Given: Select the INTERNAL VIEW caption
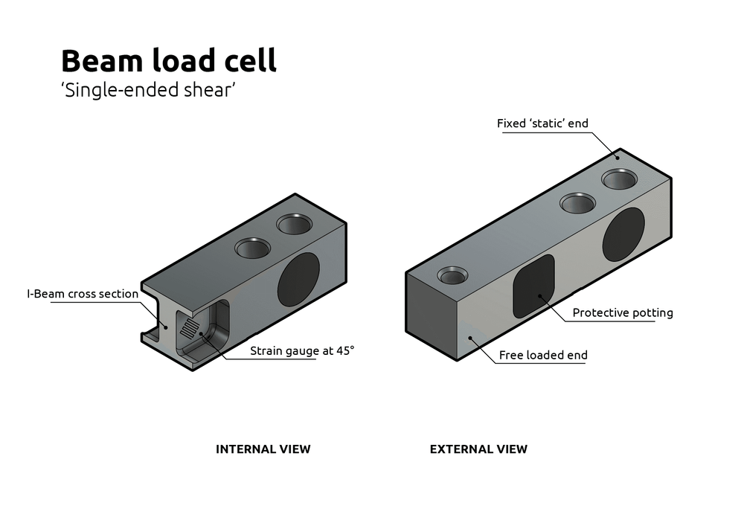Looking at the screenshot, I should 263,449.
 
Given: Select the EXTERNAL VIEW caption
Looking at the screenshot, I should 478,449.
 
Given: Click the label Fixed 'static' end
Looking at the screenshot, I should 542,123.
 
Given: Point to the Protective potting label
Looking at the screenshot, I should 622,312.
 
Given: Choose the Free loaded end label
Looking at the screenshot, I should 543,355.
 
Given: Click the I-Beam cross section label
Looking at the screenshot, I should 83,294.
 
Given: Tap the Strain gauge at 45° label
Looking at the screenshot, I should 301,350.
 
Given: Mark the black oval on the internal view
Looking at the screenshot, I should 298,280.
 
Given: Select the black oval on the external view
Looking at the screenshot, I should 623,234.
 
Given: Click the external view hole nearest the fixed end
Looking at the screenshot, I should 620,179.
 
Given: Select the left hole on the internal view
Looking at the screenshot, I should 254,248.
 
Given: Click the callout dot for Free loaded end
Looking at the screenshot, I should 470,338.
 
